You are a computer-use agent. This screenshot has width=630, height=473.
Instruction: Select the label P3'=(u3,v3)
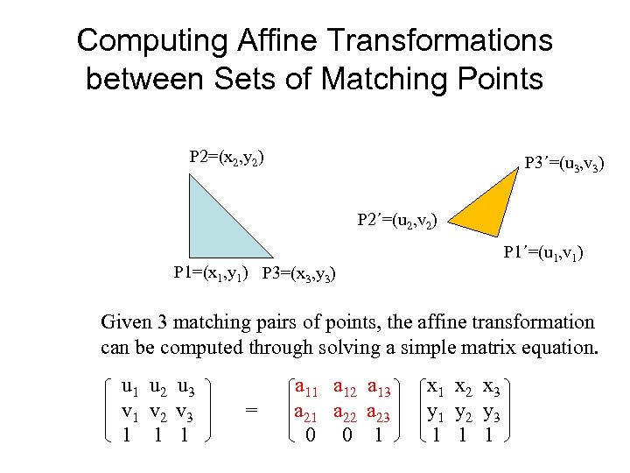click(563, 164)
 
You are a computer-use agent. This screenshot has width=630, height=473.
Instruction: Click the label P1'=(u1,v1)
click(542, 254)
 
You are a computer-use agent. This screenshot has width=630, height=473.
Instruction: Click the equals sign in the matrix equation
click(252, 409)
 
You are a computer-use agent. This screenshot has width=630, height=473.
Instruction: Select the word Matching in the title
click(386, 79)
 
